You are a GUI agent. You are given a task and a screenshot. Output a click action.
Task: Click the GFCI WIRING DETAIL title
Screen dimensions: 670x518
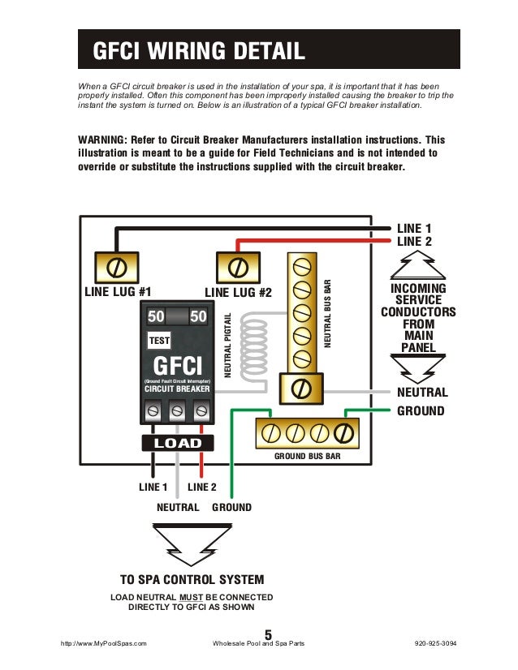[200, 53]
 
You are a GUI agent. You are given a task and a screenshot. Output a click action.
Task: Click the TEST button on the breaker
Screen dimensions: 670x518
[158, 341]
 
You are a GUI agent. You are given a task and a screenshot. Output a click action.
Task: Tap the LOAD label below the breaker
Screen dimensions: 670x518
[177, 443]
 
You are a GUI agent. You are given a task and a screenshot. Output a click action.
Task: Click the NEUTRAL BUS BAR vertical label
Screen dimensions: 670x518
[329, 314]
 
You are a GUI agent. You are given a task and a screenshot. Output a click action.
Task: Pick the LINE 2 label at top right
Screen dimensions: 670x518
[414, 242]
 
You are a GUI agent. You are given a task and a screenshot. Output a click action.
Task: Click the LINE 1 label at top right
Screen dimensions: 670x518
[414, 229]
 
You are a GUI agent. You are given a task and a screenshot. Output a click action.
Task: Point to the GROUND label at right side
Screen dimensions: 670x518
[420, 411]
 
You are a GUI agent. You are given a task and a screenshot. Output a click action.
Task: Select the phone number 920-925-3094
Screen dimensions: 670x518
[435, 643]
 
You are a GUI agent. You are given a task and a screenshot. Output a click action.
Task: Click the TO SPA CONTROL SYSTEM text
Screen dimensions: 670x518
[192, 579]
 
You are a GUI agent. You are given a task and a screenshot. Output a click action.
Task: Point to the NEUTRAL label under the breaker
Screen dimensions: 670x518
[177, 507]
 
